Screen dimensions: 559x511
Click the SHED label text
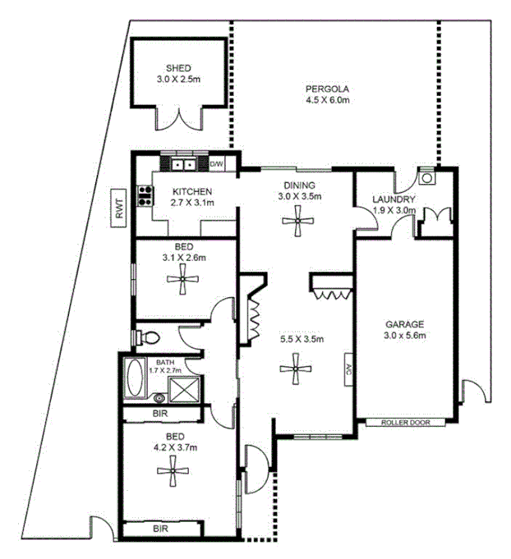(x=178, y=68)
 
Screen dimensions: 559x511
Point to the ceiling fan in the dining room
(x=297, y=219)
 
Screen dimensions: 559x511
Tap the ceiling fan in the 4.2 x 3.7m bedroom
(x=173, y=470)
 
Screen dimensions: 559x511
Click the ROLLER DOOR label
(x=406, y=423)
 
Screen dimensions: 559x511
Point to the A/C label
(x=348, y=369)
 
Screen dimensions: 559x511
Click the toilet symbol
(x=147, y=337)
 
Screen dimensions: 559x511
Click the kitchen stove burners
(x=146, y=195)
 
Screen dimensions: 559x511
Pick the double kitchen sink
(x=182, y=164)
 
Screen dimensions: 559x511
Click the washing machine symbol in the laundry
(x=426, y=176)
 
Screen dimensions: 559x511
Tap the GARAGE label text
(x=405, y=324)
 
